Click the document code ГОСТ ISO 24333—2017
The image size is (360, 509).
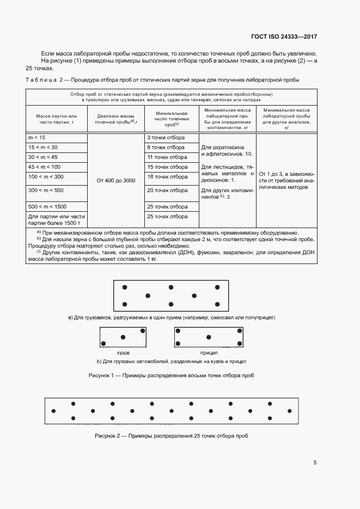(x=291, y=37)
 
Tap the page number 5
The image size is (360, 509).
(x=315, y=463)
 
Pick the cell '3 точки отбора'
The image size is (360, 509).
(x=166, y=138)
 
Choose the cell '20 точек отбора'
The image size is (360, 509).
(x=167, y=191)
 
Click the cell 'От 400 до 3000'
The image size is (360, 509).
(x=115, y=180)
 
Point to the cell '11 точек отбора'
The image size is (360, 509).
(x=167, y=157)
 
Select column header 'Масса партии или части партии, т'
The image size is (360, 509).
(x=57, y=119)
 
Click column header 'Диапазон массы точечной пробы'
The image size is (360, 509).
(x=115, y=119)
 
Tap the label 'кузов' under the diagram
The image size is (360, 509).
(x=123, y=353)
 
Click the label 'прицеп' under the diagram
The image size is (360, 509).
(x=208, y=353)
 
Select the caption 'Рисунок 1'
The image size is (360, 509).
(x=171, y=376)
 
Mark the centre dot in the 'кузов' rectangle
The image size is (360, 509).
(x=123, y=337)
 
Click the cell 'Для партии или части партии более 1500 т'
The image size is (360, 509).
(x=56, y=219)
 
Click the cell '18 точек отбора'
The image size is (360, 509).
(x=167, y=177)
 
